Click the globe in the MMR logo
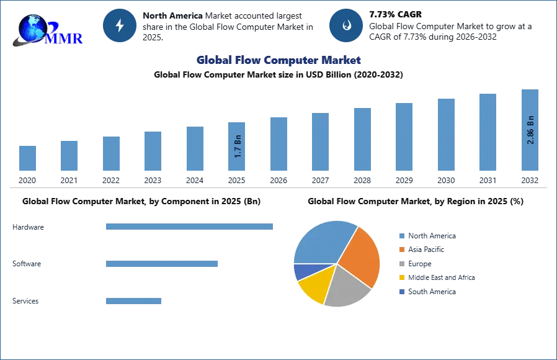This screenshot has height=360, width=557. click(x=33, y=29)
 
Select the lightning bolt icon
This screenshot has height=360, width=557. click(x=120, y=25)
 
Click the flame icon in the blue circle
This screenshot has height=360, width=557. click(x=345, y=25)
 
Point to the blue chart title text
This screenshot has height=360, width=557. click(x=278, y=60)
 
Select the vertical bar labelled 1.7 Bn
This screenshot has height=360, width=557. click(x=238, y=146)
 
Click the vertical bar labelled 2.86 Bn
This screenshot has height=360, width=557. click(x=530, y=131)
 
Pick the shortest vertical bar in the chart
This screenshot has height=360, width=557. click(x=27, y=158)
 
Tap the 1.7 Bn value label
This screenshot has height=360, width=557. click(x=238, y=146)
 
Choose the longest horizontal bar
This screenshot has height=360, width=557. click(x=189, y=228)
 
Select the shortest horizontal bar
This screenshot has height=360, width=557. click(x=134, y=303)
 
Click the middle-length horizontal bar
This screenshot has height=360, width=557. click(x=161, y=263)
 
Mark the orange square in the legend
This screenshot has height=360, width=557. click(x=402, y=249)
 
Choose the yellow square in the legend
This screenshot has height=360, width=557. click(x=402, y=277)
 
